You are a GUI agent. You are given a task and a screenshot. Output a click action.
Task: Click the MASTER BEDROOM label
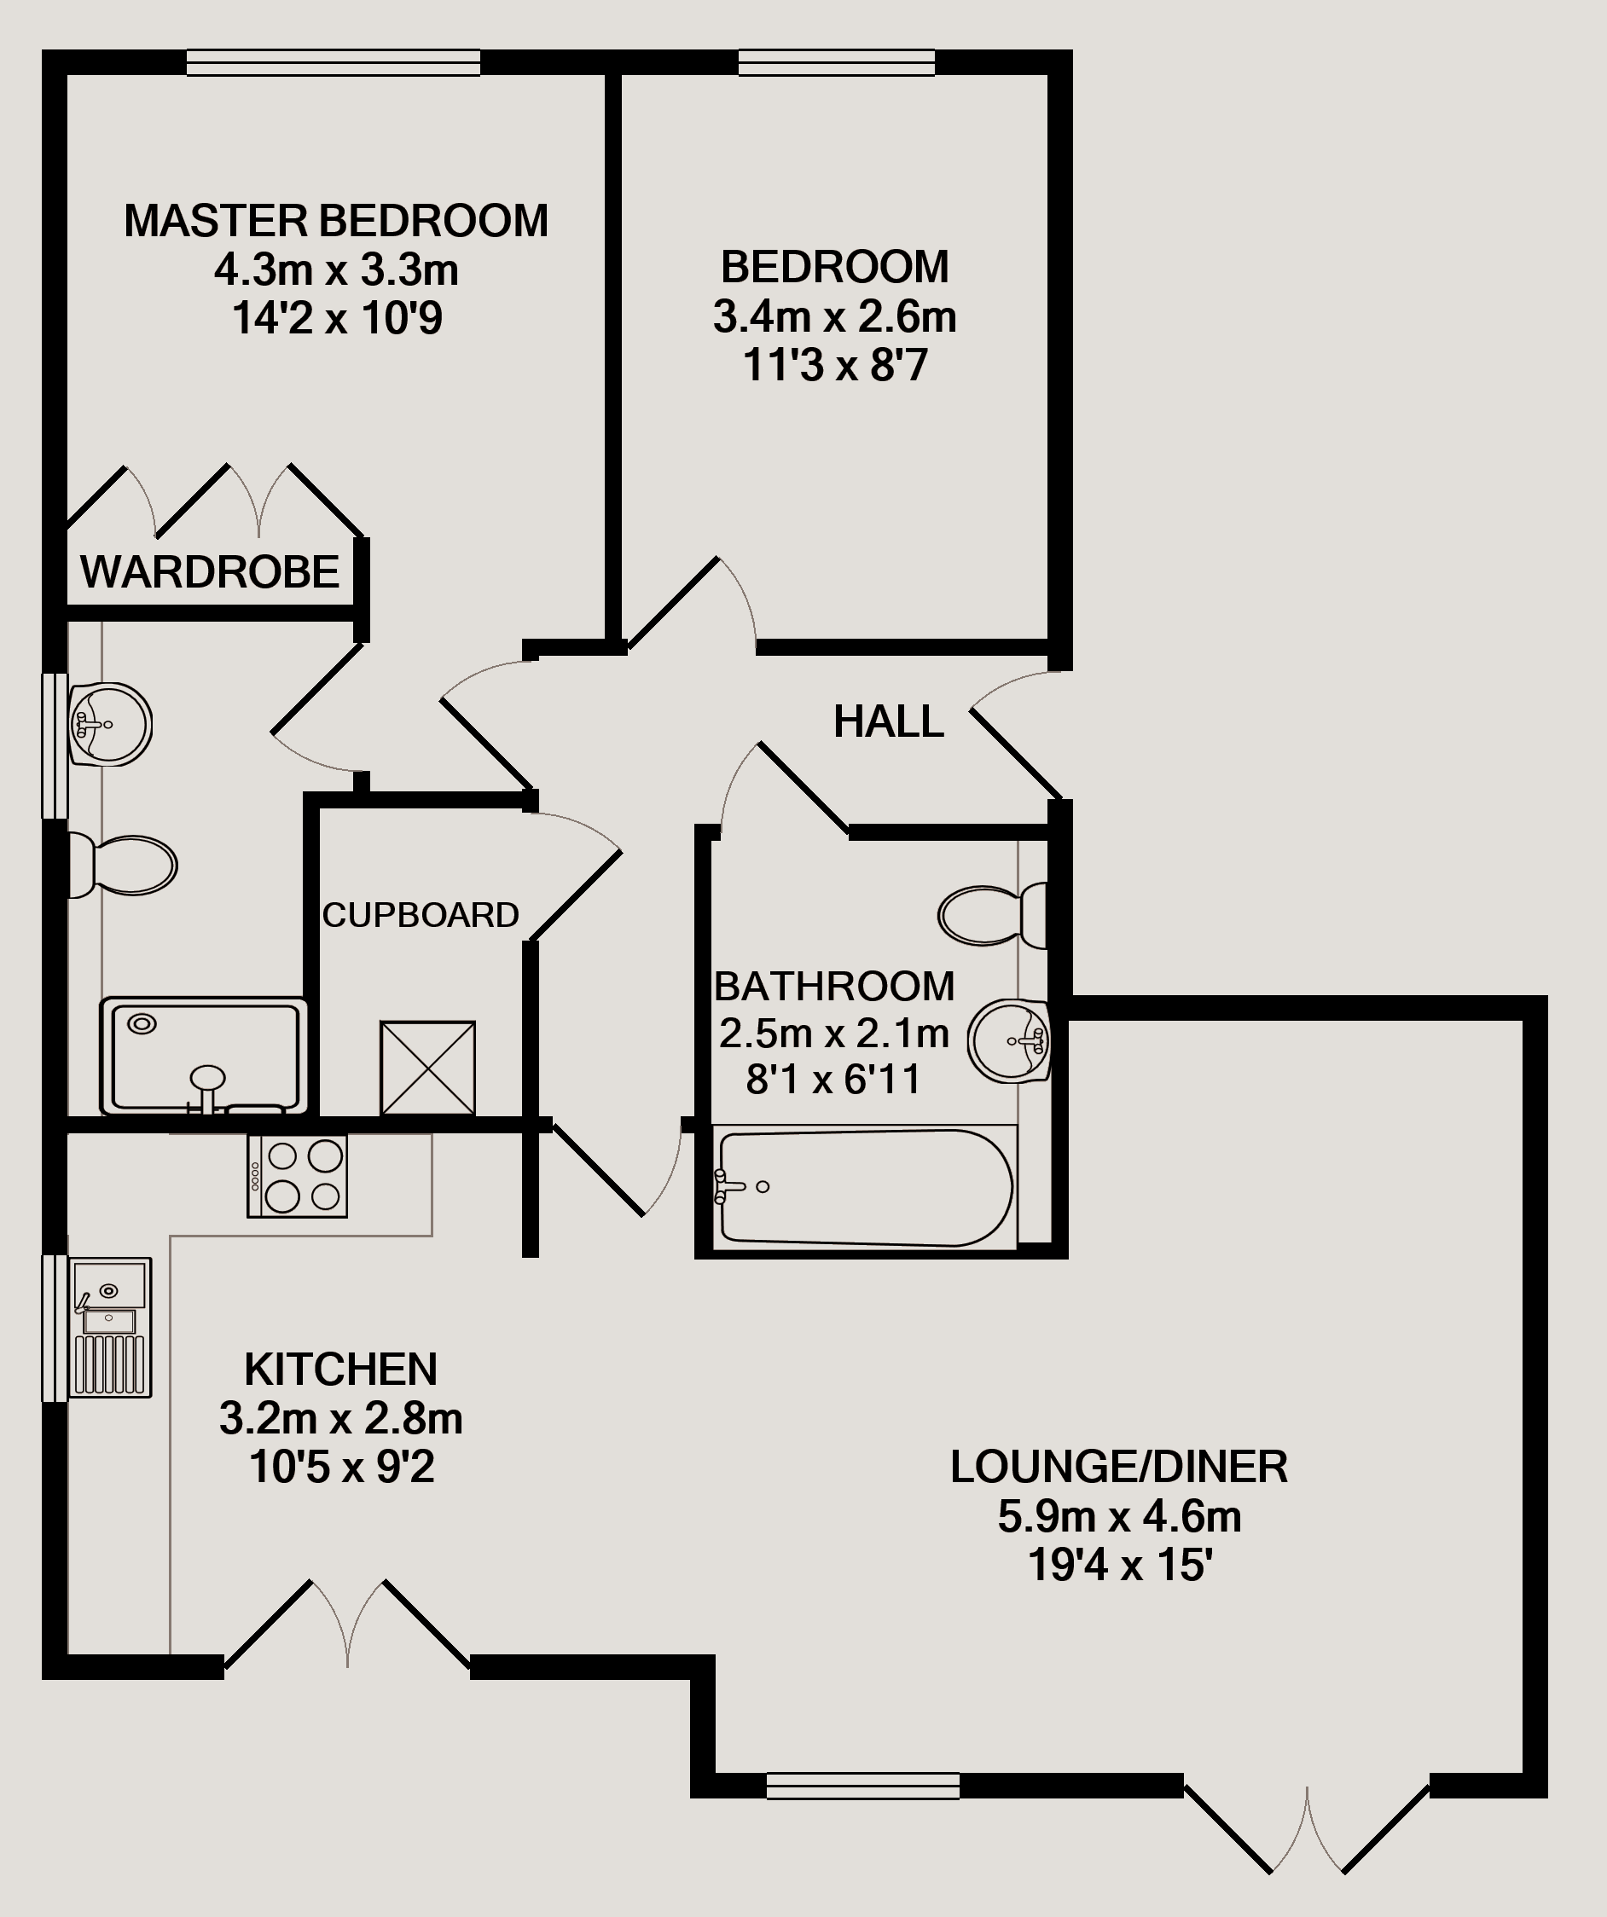coord(336,221)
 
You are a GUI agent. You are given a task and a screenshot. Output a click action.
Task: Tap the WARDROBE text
coord(210,572)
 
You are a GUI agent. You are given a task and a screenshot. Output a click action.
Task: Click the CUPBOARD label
coord(421,915)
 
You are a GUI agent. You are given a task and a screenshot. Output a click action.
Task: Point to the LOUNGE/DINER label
coord(1119,1467)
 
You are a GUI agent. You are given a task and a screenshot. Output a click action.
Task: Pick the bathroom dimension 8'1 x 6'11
coord(833,1080)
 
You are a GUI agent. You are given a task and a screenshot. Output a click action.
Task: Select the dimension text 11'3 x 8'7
coord(835,365)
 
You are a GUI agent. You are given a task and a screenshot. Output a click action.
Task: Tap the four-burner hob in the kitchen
coord(298,1176)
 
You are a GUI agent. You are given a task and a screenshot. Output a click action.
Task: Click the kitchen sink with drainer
coord(111,1329)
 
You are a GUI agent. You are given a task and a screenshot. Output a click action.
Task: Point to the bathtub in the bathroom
coord(864,1188)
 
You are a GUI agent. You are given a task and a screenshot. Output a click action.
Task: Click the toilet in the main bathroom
coord(994,915)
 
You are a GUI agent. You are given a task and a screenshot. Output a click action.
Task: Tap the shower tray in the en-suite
coord(204,1057)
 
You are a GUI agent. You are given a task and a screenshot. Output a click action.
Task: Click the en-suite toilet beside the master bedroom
coord(122,866)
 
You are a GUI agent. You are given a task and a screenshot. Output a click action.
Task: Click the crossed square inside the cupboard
coord(427,1068)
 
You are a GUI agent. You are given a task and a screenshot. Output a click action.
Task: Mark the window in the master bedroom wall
coord(334,62)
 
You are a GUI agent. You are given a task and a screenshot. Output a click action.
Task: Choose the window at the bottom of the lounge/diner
coord(863,1786)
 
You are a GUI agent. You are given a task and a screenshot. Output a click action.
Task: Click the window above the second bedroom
coord(837,62)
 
